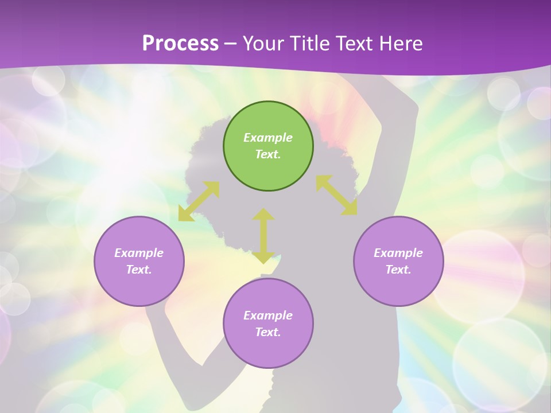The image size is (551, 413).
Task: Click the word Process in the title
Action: [x=180, y=44]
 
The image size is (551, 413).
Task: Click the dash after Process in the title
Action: [x=231, y=44]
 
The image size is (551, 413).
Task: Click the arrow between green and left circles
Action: [x=199, y=201]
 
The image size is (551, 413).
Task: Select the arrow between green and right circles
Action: [x=336, y=195]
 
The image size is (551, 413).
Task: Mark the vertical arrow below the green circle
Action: [x=263, y=236]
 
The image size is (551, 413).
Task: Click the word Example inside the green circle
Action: [x=268, y=138]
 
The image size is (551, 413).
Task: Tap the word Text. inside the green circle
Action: [x=268, y=154]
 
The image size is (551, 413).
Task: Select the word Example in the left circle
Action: [x=139, y=253]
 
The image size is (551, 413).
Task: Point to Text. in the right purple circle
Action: [x=398, y=270]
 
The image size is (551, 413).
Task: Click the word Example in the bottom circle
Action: [x=268, y=315]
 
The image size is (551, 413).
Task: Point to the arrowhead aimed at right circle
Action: [x=350, y=208]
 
